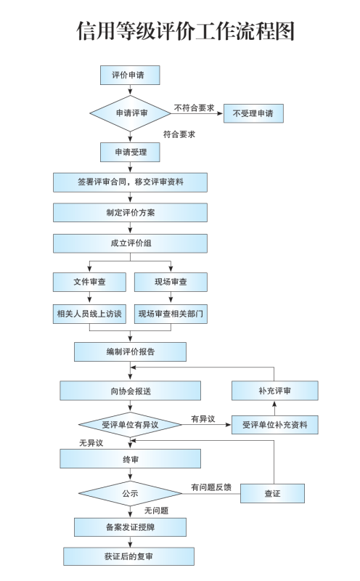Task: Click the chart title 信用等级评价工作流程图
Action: tap(185, 31)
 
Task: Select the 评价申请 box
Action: tap(130, 76)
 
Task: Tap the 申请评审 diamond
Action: tap(130, 113)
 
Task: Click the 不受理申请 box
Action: tap(253, 113)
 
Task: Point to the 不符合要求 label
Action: tap(194, 107)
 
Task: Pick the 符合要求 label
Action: tap(179, 134)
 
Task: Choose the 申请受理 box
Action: tap(130, 153)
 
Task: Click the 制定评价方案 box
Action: tap(130, 213)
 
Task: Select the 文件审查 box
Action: tap(89, 282)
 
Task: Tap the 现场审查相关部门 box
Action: tap(171, 314)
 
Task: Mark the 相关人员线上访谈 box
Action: tap(89, 314)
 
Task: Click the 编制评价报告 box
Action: tap(130, 352)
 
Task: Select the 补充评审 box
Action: tap(275, 391)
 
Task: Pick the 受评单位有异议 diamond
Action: tap(130, 425)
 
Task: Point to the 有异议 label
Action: tap(203, 419)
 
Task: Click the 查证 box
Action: tap(272, 494)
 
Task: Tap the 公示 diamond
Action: tap(130, 494)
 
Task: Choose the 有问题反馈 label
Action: tap(211, 487)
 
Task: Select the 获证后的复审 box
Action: tap(128, 556)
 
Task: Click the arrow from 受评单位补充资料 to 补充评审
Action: tap(274, 408)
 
